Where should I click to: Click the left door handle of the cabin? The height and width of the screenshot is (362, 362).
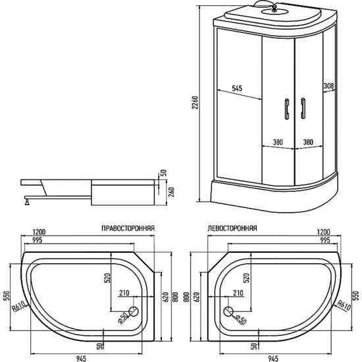286,109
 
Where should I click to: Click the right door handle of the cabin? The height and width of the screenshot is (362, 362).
303,109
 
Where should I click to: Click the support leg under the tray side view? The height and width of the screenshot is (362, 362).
28,201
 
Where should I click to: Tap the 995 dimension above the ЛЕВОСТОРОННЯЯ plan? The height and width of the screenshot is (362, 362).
323,241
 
